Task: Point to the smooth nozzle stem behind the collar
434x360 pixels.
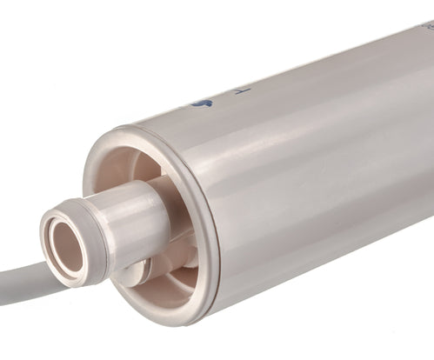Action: click(x=139, y=222)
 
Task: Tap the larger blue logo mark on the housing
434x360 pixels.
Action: click(x=204, y=103)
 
